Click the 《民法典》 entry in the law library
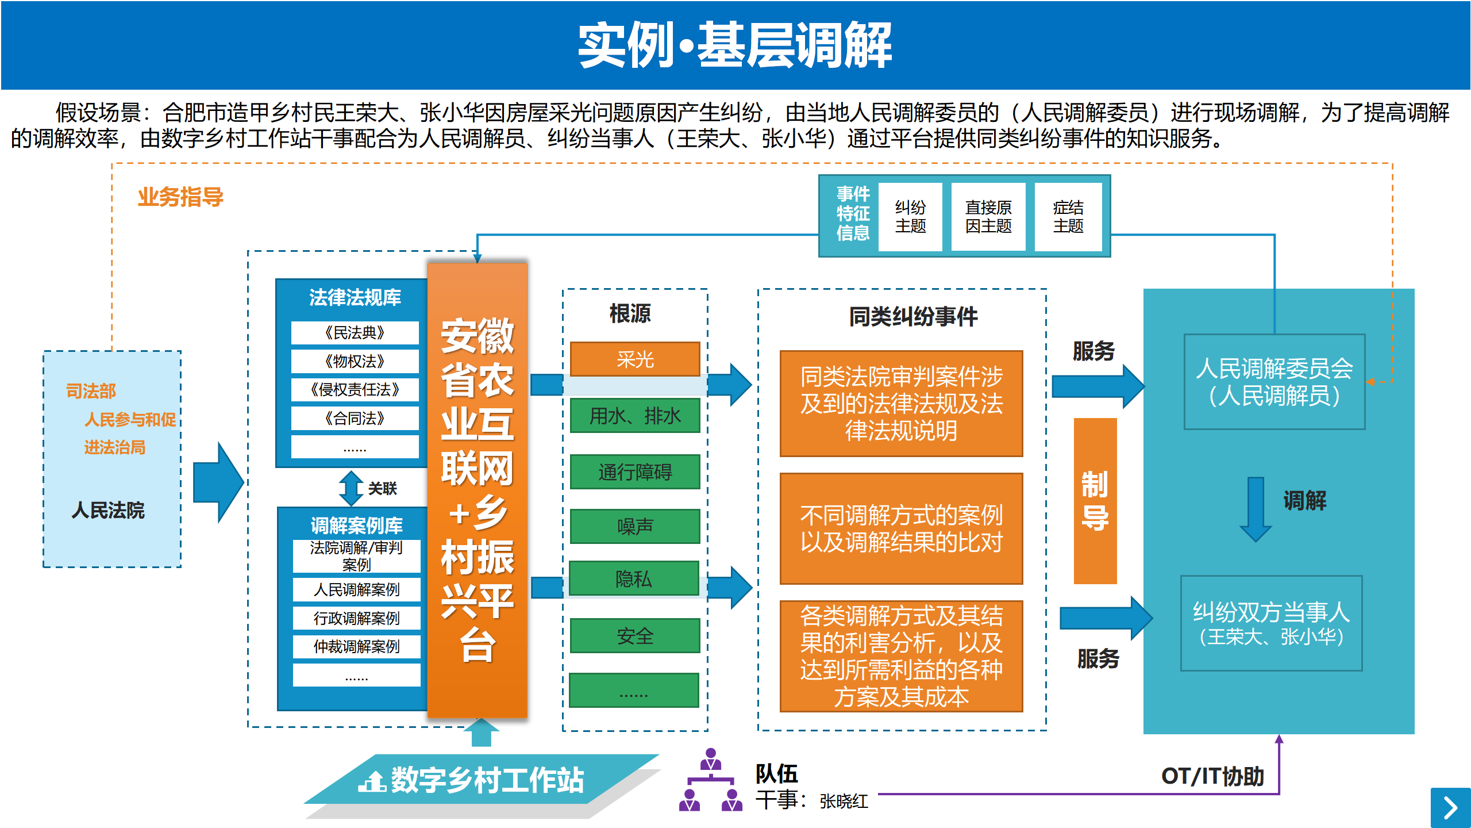355,332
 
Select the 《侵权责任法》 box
355,389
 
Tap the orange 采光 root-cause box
635,359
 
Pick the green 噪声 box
635,526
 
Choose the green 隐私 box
634,578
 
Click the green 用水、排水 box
635,415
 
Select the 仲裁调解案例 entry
356,646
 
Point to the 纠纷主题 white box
910,217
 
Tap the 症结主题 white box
1068,217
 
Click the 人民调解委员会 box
1274,382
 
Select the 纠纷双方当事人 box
1271,623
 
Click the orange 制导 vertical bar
1095,501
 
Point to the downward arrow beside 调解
1256,509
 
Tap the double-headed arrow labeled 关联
351,488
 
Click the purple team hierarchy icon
711,780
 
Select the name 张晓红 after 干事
844,801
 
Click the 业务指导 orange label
180,197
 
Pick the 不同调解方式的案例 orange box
901,528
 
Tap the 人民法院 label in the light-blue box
108,510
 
